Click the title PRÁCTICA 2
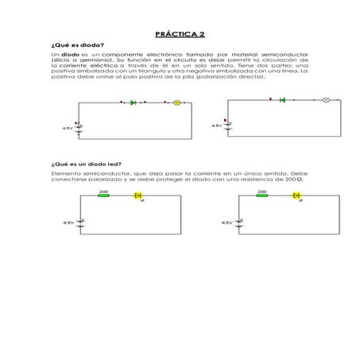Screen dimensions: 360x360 coord(180,33)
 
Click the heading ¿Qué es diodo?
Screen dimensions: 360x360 coord(76,45)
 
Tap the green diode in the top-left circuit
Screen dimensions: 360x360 coord(133,103)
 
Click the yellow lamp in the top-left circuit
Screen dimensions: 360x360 coord(177,103)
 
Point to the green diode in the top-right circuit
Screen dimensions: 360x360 coord(282,100)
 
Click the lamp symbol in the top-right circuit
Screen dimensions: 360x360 coord(325,100)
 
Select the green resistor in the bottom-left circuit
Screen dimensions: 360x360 coord(104,195)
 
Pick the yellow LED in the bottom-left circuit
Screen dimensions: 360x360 coord(138,195)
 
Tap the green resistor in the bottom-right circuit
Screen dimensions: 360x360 coord(262,195)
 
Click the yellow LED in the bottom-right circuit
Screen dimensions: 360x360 coord(297,195)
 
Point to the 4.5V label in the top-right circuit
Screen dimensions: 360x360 coord(216,126)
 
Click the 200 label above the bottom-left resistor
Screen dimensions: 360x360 coord(104,191)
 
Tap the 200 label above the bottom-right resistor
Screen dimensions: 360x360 coord(262,191)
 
